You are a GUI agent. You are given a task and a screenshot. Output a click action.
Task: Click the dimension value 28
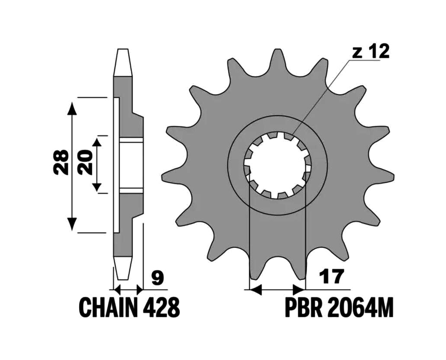click(x=61, y=162)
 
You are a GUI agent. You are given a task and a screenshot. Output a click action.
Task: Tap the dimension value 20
click(x=85, y=162)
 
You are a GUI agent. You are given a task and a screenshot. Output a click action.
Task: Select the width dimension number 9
click(x=157, y=278)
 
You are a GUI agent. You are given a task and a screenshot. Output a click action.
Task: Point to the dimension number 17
click(x=331, y=276)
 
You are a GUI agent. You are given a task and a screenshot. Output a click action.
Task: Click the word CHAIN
click(x=108, y=308)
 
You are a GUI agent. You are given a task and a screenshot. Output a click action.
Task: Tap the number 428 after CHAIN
click(x=161, y=308)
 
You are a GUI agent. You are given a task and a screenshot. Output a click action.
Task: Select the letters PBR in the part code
click(x=304, y=308)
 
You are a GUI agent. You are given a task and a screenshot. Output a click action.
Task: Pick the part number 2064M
click(x=360, y=308)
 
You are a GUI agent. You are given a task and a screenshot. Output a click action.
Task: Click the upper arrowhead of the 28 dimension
click(x=73, y=109)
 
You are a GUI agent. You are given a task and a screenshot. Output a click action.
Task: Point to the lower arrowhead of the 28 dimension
click(x=73, y=224)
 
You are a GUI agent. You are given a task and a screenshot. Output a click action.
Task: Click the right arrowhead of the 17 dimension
click(x=299, y=290)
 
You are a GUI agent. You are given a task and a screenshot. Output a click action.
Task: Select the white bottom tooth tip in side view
click(x=123, y=268)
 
